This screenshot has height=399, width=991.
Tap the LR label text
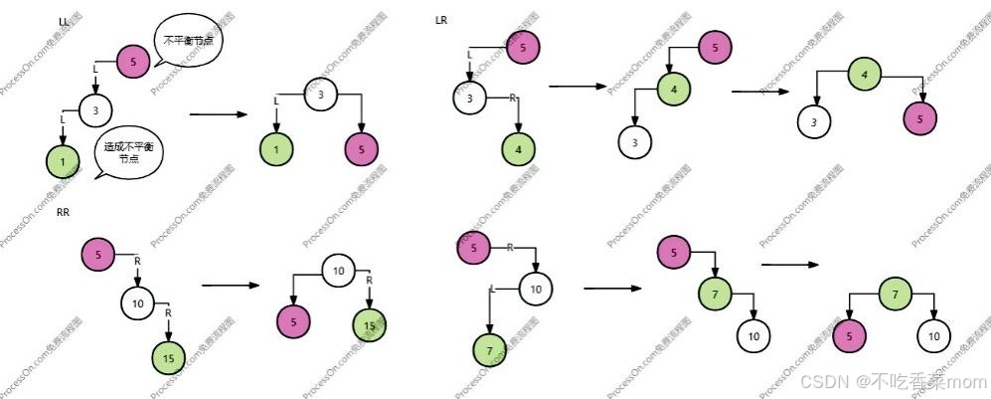442,21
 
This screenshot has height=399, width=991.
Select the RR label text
63,211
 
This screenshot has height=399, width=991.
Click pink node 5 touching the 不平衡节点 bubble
133,62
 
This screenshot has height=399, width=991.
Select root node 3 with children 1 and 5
321,96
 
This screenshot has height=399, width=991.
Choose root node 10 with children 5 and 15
338,271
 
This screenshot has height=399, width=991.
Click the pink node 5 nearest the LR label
524,46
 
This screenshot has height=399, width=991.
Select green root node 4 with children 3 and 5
864,74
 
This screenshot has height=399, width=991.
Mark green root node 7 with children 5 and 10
895,296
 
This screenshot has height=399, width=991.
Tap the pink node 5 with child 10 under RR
97,255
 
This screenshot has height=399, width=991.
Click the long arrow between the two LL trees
219,114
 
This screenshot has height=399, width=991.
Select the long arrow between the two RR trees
230,286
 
